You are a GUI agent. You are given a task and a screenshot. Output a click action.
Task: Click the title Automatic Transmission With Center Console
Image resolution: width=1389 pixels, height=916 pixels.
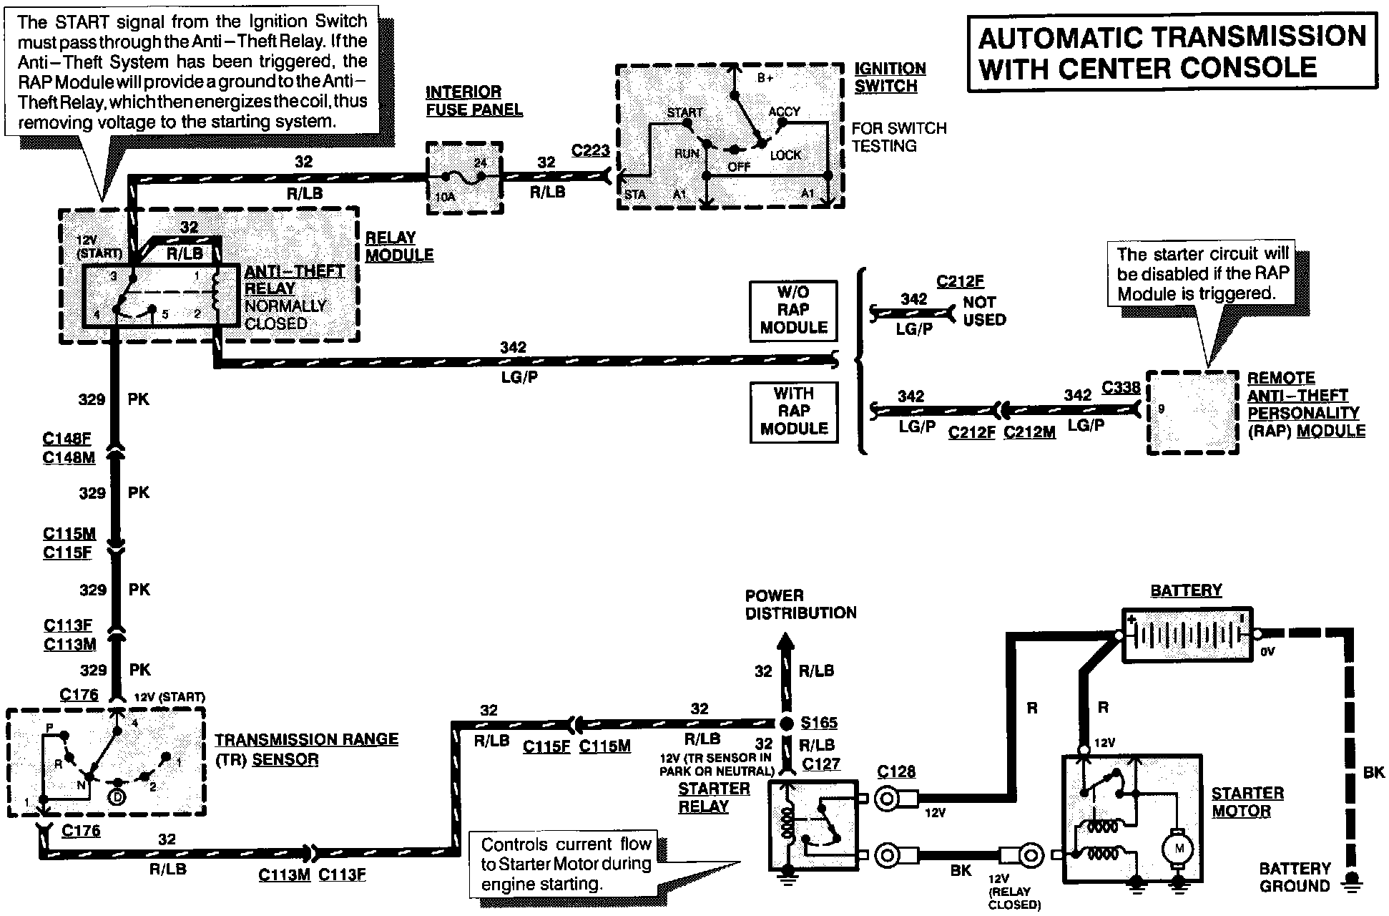click(x=1172, y=52)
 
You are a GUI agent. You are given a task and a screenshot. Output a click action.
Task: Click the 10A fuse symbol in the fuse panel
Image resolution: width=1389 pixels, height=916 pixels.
click(x=463, y=175)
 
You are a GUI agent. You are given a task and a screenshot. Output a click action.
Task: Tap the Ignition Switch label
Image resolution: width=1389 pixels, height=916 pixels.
click(x=890, y=77)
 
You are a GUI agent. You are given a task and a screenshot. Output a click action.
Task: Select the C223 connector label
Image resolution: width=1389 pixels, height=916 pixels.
click(x=590, y=151)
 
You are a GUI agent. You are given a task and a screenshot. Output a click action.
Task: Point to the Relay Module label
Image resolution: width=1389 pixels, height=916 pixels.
click(x=399, y=246)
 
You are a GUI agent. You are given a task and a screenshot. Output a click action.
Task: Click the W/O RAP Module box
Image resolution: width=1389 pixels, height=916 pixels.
click(x=793, y=310)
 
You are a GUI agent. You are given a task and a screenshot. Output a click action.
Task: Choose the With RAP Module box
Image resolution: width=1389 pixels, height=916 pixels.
click(x=793, y=411)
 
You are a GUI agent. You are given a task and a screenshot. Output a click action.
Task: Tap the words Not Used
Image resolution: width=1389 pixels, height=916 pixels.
click(x=984, y=311)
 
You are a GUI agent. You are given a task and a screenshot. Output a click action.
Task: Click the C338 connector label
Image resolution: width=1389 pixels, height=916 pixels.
click(x=1121, y=387)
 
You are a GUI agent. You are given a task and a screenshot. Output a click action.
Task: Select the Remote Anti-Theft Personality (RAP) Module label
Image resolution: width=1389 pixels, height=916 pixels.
click(x=1306, y=404)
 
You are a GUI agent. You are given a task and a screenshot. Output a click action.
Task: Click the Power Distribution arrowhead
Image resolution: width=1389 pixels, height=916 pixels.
click(x=786, y=642)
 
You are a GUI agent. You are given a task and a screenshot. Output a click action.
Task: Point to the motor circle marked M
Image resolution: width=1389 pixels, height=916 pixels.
click(x=1176, y=849)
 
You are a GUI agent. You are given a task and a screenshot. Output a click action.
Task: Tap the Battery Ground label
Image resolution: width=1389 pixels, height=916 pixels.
click(x=1295, y=877)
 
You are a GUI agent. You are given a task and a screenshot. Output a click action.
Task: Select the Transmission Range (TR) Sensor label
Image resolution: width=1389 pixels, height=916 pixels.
click(x=307, y=749)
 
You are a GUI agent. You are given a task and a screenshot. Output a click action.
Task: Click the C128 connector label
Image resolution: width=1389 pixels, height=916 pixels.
click(x=895, y=772)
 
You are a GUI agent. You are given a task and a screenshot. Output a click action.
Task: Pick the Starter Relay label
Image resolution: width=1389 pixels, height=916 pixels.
click(x=714, y=797)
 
